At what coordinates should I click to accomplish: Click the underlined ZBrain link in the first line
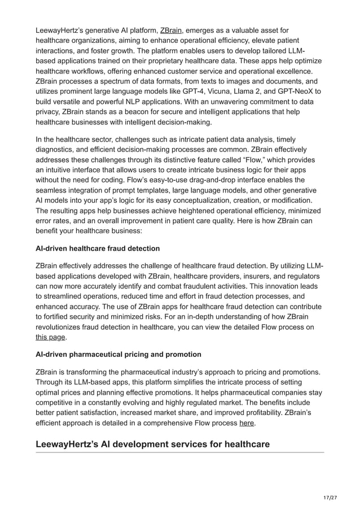[171, 29]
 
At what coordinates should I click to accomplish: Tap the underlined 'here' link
[247, 422]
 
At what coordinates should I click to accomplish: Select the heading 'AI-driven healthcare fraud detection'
[98, 249]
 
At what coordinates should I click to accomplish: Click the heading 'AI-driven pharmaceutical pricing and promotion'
[118, 355]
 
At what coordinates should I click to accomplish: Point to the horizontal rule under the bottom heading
[180, 452]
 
